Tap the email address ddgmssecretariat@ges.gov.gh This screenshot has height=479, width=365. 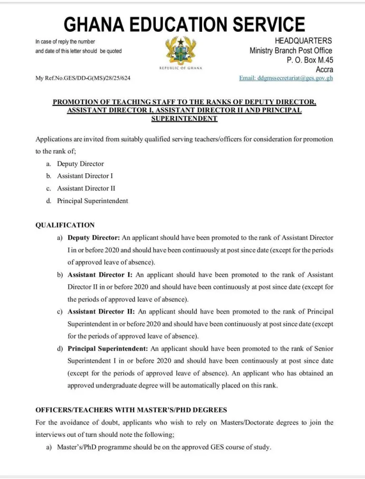click(x=286, y=78)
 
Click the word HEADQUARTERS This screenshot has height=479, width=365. click(x=303, y=41)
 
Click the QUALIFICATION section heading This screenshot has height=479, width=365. click(x=65, y=225)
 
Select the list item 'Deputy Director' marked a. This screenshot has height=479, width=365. click(x=80, y=164)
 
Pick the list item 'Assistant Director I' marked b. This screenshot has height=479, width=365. click(x=85, y=176)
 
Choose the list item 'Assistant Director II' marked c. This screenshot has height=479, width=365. click(x=86, y=188)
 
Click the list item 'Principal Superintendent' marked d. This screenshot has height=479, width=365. click(x=92, y=201)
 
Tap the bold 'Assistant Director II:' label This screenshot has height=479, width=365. click(x=101, y=311)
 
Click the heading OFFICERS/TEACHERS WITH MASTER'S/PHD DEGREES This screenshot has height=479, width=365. click(x=131, y=410)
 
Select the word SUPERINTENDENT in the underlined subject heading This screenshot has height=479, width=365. click(x=184, y=119)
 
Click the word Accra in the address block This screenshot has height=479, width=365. click(x=324, y=69)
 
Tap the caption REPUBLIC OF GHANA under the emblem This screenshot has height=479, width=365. click(x=181, y=68)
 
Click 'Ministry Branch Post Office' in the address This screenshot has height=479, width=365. click(x=291, y=51)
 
